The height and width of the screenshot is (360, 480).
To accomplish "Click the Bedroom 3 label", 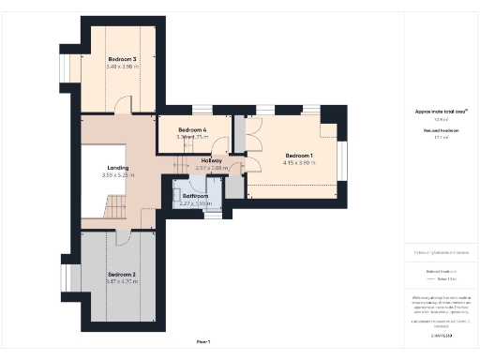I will click(x=122, y=59).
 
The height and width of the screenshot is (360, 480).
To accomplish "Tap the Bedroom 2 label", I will click(x=122, y=275).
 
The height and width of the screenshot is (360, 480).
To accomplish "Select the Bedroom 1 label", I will click(x=300, y=155).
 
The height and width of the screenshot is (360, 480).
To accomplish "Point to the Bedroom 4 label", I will click(x=192, y=128).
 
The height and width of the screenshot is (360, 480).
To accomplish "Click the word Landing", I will click(x=117, y=168).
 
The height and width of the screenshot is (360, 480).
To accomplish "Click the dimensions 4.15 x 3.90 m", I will click(x=300, y=163).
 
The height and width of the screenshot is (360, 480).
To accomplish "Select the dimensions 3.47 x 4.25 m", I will click(x=122, y=282).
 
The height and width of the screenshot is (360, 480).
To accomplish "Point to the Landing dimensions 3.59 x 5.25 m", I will click(x=117, y=175).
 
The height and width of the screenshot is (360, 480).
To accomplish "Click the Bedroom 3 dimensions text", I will click(x=122, y=67).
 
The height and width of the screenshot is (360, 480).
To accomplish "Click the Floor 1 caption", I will click(x=203, y=341).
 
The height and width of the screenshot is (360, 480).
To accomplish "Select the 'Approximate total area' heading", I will click(x=441, y=111).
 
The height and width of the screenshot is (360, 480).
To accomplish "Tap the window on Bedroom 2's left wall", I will click(x=67, y=278).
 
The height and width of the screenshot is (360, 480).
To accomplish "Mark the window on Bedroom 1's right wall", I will click(x=342, y=156).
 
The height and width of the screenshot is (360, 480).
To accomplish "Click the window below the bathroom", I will click(x=213, y=215).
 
